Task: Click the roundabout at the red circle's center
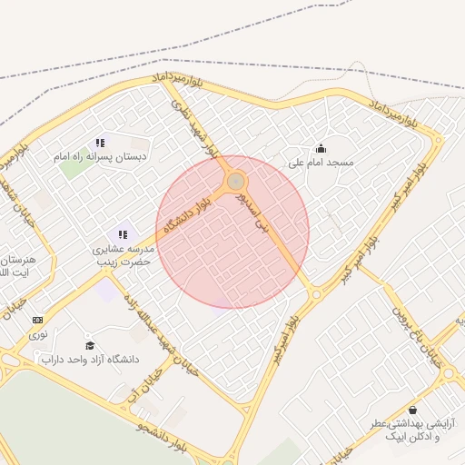click(x=236, y=182)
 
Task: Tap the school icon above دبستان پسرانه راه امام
click(x=100, y=143)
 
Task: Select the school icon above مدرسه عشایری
click(x=123, y=234)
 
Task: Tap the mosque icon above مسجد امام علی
click(x=320, y=148)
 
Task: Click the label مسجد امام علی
click(x=320, y=163)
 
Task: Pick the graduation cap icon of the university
click(x=89, y=345)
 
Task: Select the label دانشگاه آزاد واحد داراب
click(x=89, y=360)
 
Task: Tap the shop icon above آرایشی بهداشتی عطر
click(x=414, y=410)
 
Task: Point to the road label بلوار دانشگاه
click(x=193, y=214)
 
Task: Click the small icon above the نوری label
click(x=37, y=320)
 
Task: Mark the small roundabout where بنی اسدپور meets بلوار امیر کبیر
click(x=315, y=293)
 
